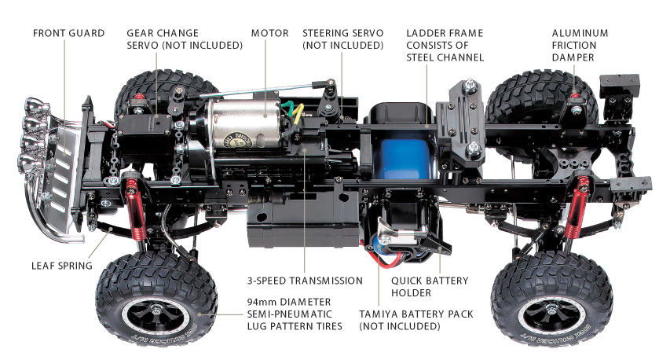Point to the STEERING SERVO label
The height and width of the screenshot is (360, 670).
point(343,39)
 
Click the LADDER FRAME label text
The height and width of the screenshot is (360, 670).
point(445,45)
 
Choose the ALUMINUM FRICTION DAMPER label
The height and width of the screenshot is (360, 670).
point(580,45)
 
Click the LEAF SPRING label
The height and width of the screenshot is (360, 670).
point(61,265)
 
